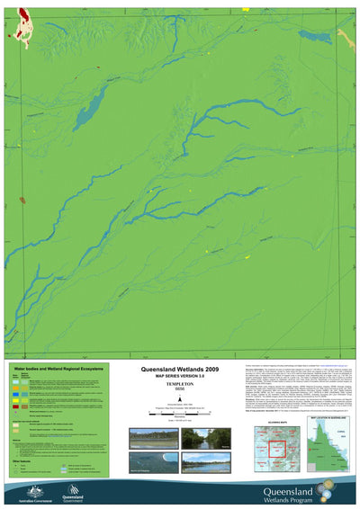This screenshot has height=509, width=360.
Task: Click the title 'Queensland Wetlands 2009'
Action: pyautogui.click(x=179, y=370)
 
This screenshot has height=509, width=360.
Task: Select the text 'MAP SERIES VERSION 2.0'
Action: pyautogui.click(x=179, y=377)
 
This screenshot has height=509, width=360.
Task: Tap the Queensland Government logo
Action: pyautogui.click(x=74, y=491)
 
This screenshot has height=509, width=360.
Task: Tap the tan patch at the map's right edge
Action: pyautogui.click(x=346, y=38)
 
